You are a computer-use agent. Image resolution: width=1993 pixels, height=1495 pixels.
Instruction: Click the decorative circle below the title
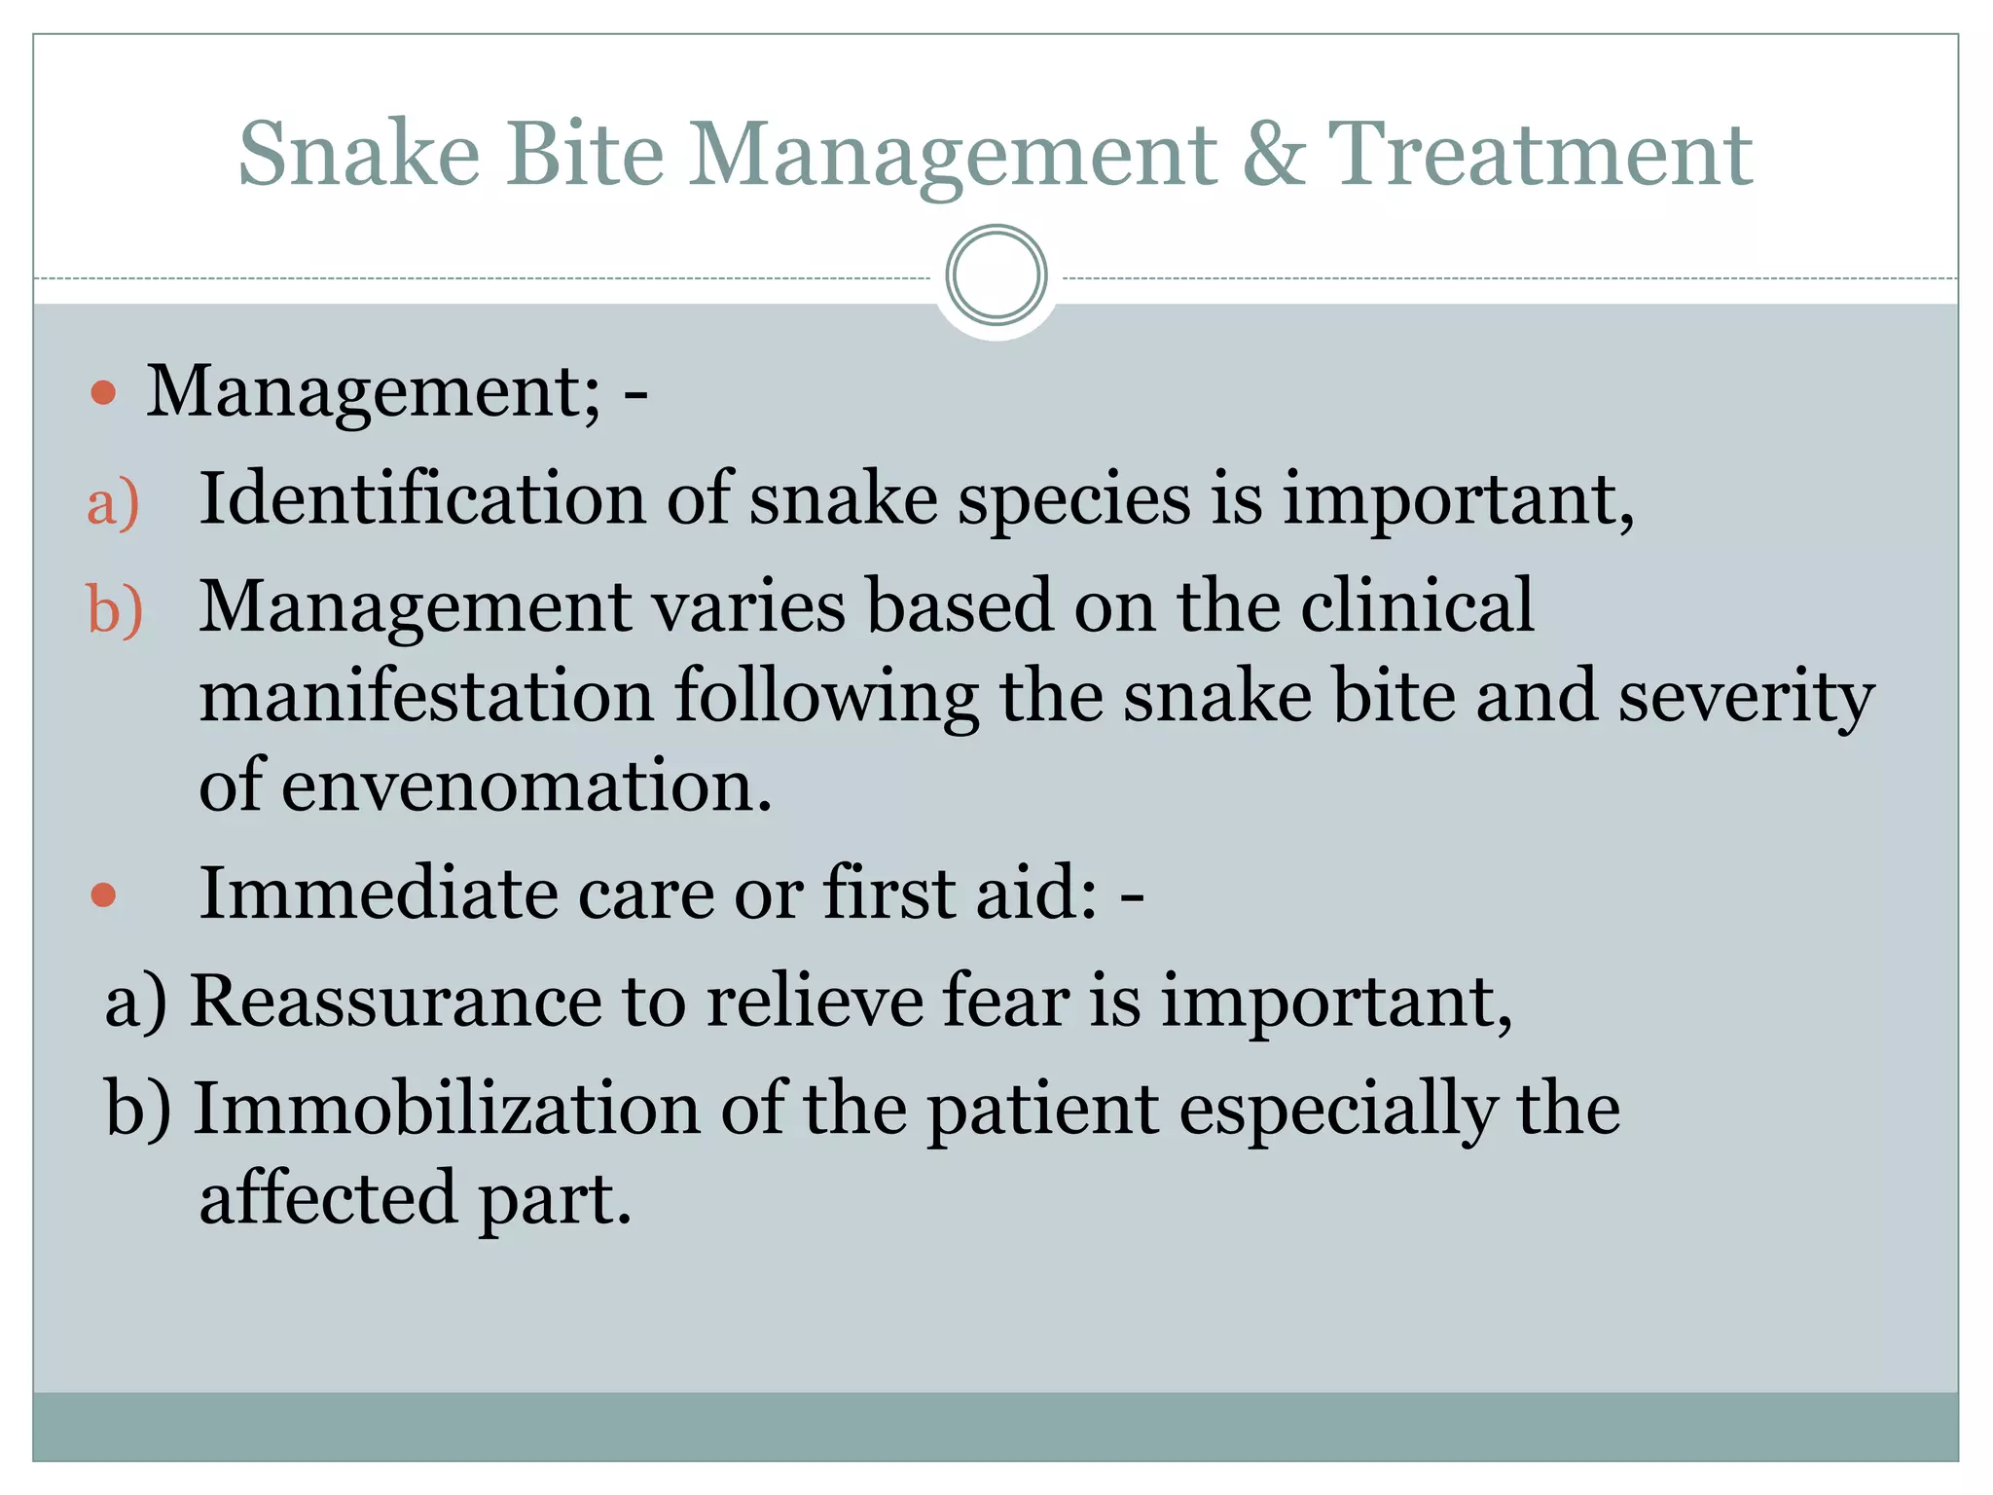click(996, 275)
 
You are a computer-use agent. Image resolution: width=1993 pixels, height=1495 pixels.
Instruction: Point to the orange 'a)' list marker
click(113, 503)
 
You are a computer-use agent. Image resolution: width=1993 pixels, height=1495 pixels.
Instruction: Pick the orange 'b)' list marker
click(115, 610)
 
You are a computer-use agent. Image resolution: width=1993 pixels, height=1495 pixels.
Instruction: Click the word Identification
click(421, 498)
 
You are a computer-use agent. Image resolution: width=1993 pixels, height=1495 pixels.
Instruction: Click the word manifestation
click(426, 696)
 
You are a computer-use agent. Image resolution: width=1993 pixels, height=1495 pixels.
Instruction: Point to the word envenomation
click(525, 785)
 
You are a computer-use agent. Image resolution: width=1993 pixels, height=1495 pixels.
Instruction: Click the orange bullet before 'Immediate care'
click(103, 894)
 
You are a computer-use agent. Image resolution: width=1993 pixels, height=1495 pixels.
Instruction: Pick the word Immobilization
click(447, 1109)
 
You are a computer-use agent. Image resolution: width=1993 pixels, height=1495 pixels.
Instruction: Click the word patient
click(1042, 1111)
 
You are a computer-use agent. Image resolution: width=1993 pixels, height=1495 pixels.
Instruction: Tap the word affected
click(327, 1198)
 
